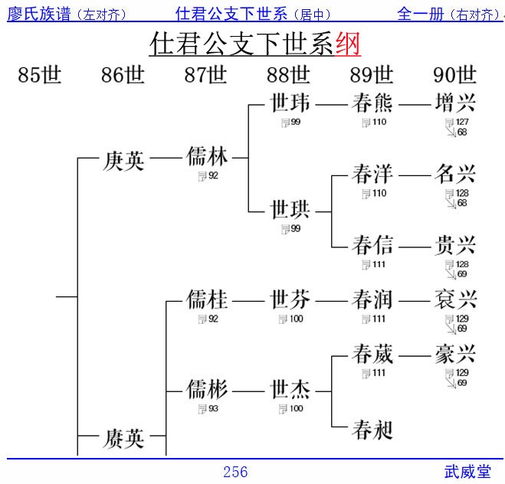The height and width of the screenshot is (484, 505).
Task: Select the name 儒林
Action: pyautogui.click(x=207, y=157)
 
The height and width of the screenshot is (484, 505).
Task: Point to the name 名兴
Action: pyautogui.click(x=455, y=175)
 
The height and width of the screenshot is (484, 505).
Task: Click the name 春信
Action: pyautogui.click(x=372, y=245)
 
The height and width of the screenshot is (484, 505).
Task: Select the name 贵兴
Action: pyautogui.click(x=455, y=245)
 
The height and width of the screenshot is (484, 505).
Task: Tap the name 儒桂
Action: pyautogui.click(x=207, y=299)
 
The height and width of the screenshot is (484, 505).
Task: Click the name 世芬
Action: pyautogui.click(x=290, y=299)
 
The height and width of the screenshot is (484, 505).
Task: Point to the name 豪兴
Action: pyautogui.click(x=455, y=354)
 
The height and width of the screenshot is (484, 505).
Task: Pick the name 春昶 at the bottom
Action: pyautogui.click(x=372, y=430)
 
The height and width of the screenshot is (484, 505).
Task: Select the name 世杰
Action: pyautogui.click(x=290, y=390)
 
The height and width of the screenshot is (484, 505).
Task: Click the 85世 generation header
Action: pyautogui.click(x=40, y=75)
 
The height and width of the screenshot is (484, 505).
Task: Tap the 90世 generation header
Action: pyautogui.click(x=455, y=75)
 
